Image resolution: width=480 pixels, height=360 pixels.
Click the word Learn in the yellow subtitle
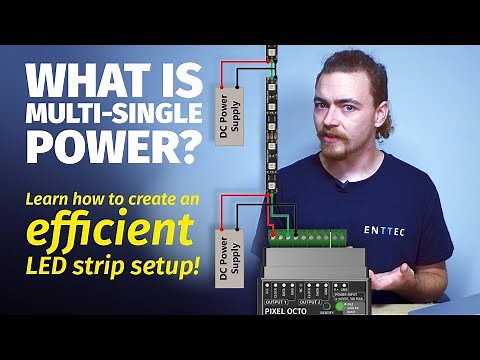click(53, 199)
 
